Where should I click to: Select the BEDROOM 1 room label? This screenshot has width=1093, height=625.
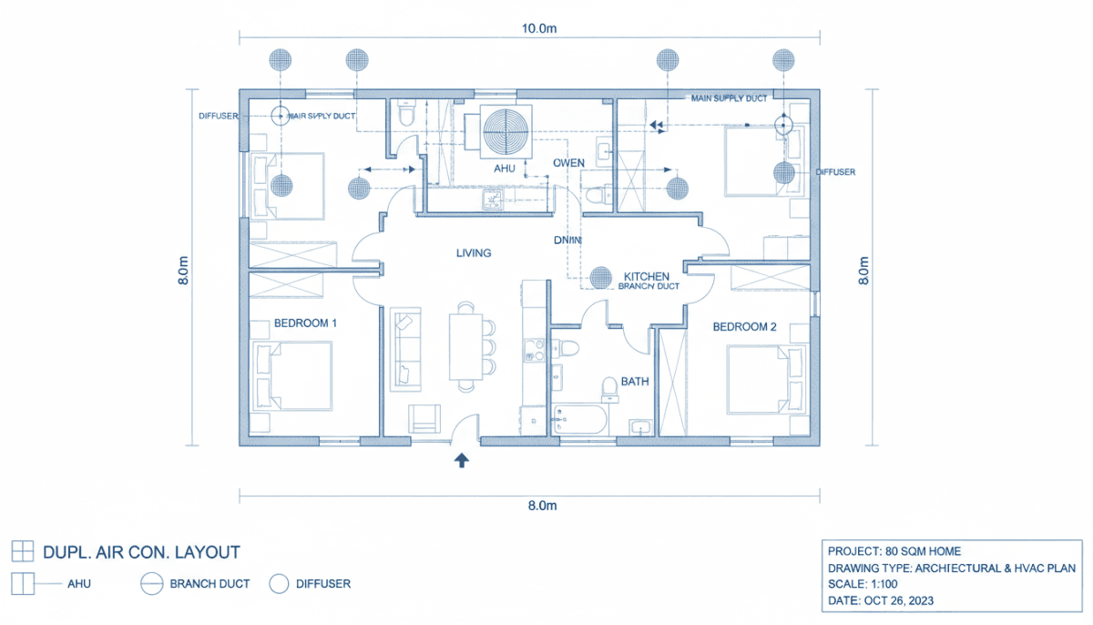click(x=306, y=323)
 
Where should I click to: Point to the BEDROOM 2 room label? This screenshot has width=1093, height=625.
click(x=744, y=326)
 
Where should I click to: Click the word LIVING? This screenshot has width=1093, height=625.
click(x=474, y=253)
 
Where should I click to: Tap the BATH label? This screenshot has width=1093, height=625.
click(x=635, y=382)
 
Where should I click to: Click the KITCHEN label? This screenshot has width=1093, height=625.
click(x=646, y=276)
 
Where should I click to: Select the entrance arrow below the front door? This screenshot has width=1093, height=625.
click(x=462, y=460)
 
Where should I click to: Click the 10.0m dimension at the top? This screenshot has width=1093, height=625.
click(x=538, y=28)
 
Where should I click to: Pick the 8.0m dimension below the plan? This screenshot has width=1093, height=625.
click(x=537, y=505)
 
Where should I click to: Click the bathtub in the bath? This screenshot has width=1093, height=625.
click(x=580, y=421)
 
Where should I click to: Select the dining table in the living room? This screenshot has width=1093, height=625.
click(x=464, y=346)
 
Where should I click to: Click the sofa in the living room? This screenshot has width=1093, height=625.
click(x=405, y=346)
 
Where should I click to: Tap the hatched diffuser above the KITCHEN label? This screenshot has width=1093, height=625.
click(x=600, y=276)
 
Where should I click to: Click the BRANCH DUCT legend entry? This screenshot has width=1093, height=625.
click(x=209, y=584)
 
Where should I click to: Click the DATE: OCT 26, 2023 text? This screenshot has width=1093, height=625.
click(x=881, y=600)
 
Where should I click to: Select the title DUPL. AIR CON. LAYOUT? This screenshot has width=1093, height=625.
click(x=141, y=552)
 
